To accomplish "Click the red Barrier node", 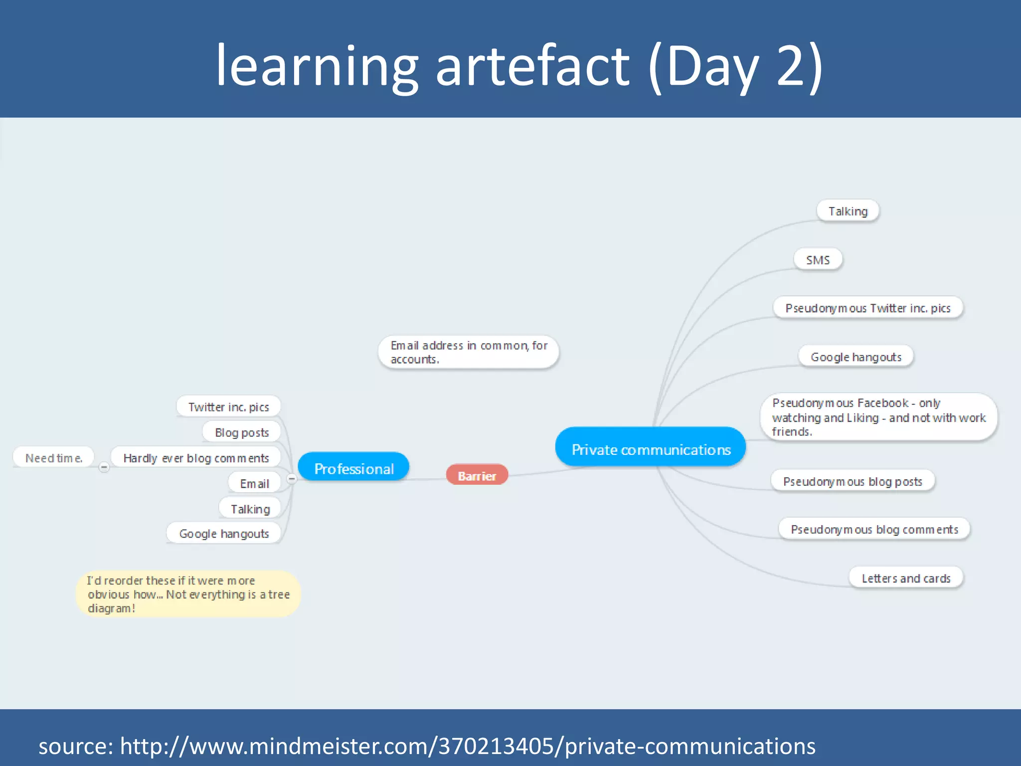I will (x=477, y=475).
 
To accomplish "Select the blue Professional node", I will (x=353, y=468).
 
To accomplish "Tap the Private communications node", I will (x=651, y=448).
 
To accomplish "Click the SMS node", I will (x=818, y=260).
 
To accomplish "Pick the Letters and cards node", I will (x=905, y=578).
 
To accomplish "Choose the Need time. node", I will (x=53, y=458).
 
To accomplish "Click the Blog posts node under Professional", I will (x=242, y=432).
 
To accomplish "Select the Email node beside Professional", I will (x=254, y=483).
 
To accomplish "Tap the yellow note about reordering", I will (x=188, y=594).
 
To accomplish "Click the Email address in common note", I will (x=468, y=352).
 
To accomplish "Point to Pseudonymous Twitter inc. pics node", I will (x=867, y=308).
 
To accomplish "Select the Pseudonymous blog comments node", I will (x=874, y=529).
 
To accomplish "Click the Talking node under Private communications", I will (x=848, y=211).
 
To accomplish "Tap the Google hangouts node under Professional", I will (x=224, y=534).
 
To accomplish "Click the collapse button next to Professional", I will (x=292, y=479).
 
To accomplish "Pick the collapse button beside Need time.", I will (x=104, y=467).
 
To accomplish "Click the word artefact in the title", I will (x=533, y=66).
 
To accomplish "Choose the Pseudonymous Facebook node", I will (x=878, y=417).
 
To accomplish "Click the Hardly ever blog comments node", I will (x=196, y=458).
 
